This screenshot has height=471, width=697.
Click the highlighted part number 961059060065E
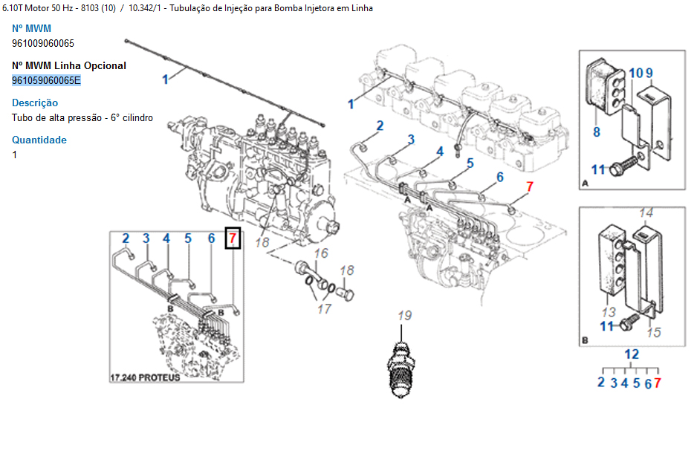46,80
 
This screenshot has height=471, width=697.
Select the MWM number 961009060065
43,43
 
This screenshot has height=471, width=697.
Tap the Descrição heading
35,103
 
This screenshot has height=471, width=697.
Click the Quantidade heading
39,140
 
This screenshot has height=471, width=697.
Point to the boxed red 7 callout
233,238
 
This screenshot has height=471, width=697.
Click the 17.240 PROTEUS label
145,377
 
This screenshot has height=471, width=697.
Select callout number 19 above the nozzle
403,316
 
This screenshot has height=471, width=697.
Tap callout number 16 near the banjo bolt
320,254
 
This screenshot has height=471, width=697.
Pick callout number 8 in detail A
596,132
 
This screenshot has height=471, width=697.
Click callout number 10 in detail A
636,73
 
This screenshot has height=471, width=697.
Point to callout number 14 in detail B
646,213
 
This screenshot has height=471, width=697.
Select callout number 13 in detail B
609,312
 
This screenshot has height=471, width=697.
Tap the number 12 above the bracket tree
631,354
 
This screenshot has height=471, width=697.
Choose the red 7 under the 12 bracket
658,383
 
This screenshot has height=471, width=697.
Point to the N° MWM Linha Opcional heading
69,65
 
